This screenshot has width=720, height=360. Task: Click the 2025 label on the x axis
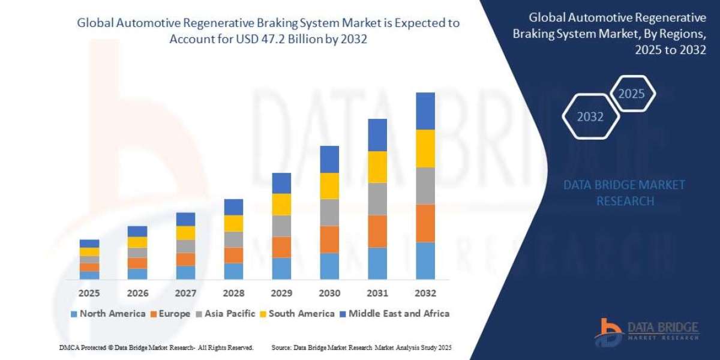coord(89,293)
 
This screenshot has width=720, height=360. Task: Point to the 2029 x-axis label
coord(281,293)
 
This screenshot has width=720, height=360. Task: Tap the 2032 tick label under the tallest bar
coord(425,293)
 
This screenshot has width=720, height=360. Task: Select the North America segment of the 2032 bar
coord(425,260)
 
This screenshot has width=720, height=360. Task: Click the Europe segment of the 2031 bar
coord(377,231)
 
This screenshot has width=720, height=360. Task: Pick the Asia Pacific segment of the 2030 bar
coord(329,212)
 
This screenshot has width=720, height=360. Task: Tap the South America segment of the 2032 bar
coord(425,148)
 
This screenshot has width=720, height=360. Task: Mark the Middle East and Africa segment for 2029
coord(281,183)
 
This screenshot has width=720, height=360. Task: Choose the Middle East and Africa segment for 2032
coord(425,111)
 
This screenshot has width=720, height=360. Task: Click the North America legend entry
coord(108,313)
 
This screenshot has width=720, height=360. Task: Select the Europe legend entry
coord(170,313)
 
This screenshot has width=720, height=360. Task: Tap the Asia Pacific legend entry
coord(226,313)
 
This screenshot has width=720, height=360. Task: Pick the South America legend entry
coord(297,313)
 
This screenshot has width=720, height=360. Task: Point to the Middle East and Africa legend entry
coord(394,313)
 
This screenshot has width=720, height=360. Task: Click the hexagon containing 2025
coord(631,94)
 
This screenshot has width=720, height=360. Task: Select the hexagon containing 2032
coord(590,117)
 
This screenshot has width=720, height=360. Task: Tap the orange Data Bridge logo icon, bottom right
coord(609,332)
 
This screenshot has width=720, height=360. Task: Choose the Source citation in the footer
coord(361,347)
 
